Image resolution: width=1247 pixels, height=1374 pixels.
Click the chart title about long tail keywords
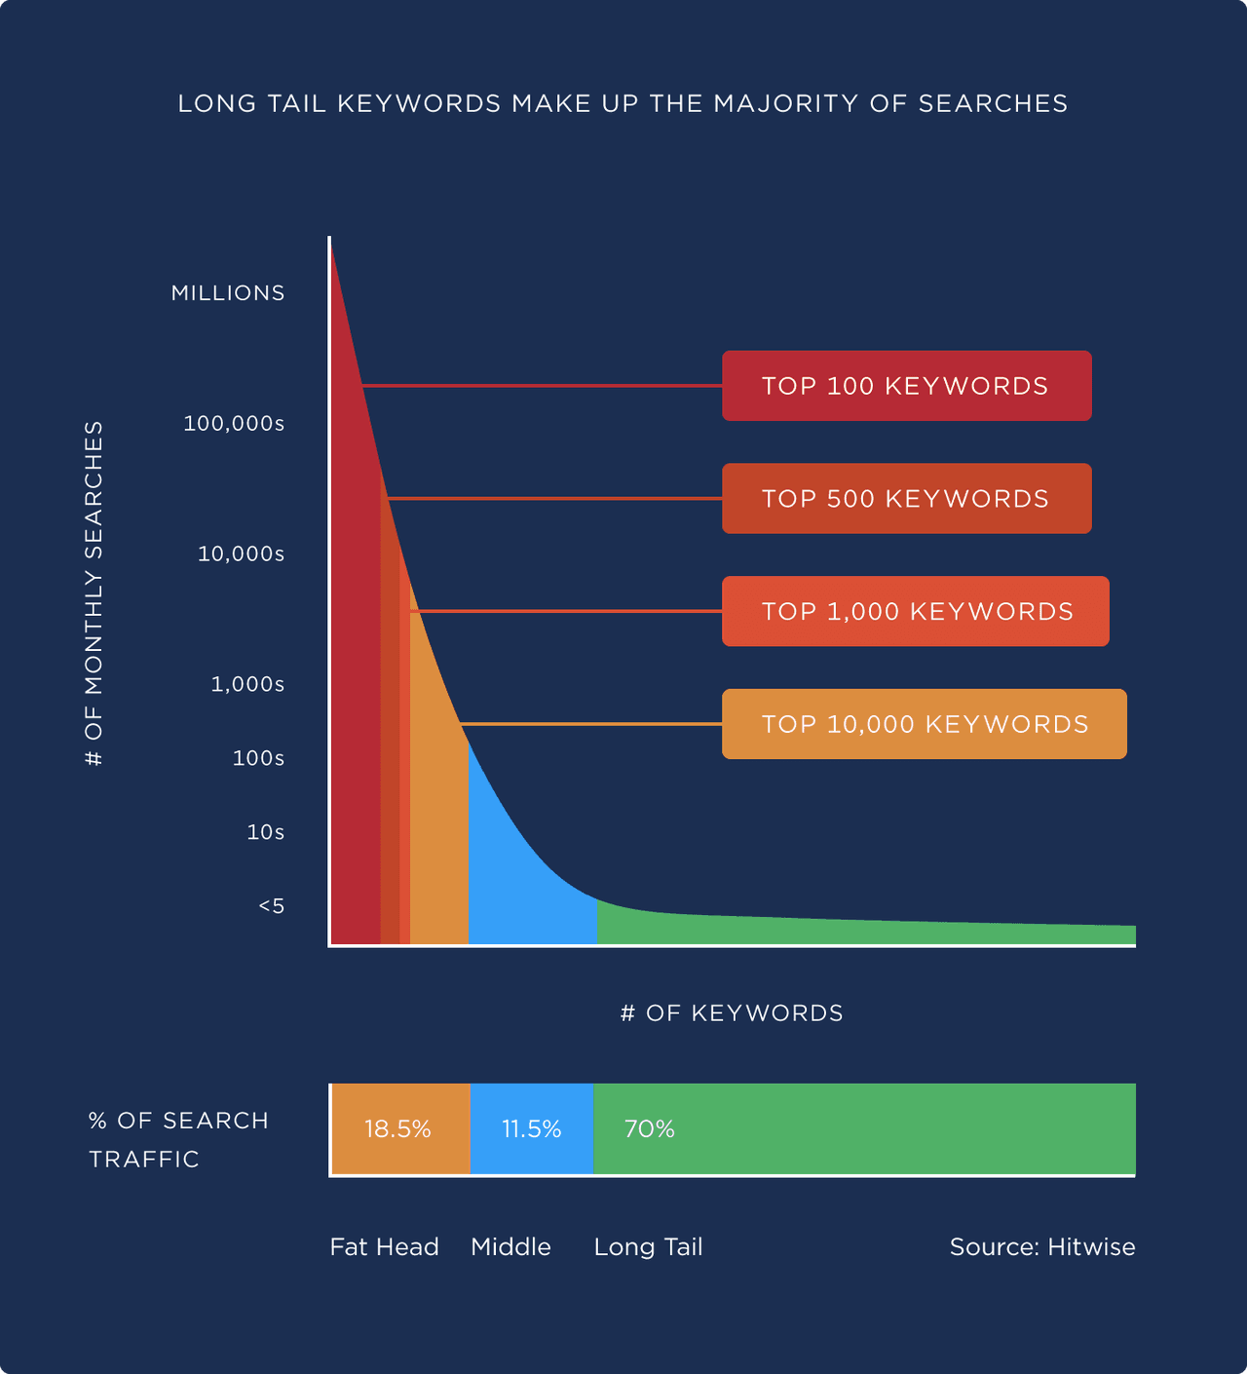(623, 103)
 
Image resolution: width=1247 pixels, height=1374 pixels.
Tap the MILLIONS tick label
(228, 293)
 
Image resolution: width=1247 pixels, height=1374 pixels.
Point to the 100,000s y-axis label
(234, 424)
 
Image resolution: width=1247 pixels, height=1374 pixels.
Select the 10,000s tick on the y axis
(241, 554)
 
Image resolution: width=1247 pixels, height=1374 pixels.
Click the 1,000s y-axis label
(247, 685)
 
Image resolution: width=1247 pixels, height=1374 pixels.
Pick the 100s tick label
(258, 758)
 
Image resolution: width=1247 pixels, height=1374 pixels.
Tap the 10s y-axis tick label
(265, 832)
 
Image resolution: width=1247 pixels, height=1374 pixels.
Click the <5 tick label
(271, 906)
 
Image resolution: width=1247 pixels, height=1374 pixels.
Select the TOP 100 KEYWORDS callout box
(906, 386)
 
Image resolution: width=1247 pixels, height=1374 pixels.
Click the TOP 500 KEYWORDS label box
(906, 499)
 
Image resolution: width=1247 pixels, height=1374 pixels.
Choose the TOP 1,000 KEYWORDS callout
(915, 612)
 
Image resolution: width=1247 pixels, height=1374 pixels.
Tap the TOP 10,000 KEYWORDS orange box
(924, 724)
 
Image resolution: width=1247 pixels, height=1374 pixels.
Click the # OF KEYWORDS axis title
(732, 1013)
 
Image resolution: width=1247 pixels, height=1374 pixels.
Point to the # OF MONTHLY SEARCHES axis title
(94, 592)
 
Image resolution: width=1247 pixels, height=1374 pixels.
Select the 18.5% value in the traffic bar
(397, 1129)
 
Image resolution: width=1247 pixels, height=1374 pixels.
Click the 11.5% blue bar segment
(531, 1129)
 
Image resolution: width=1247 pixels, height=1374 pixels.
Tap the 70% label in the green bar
(649, 1129)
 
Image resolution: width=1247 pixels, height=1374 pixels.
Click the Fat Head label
(384, 1247)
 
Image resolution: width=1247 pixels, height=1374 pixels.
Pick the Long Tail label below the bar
(648, 1247)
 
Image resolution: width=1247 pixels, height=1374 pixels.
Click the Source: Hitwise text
(1041, 1247)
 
